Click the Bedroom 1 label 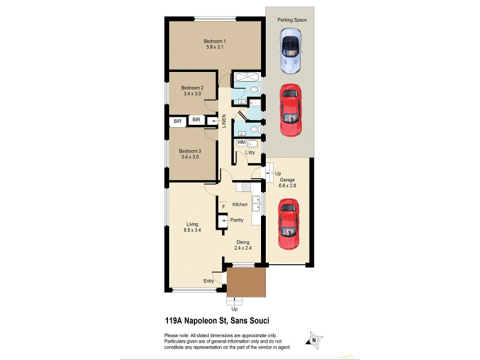pos(214,40)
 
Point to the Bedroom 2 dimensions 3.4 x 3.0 pos(193,94)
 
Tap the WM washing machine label pos(241,142)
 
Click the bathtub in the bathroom pos(246,77)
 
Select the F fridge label pos(223,207)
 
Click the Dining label pos(242,242)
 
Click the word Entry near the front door pos(209,281)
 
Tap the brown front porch pos(246,282)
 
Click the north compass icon pos(312,339)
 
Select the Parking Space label pos(292,20)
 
